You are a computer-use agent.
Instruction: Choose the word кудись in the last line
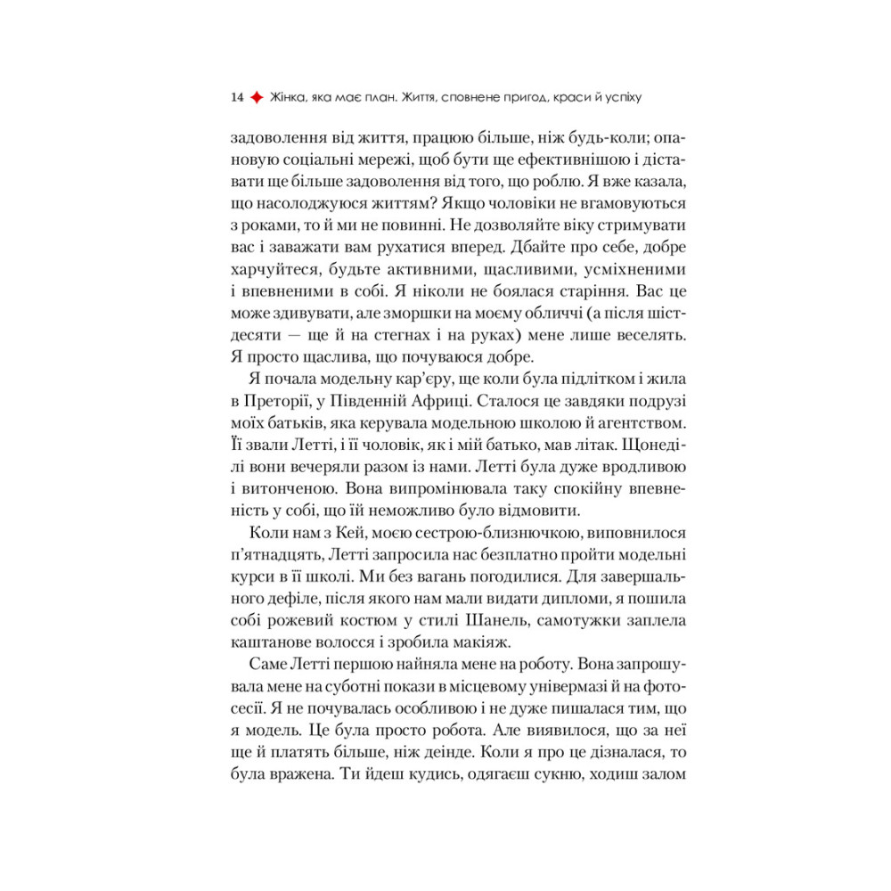click(x=432, y=775)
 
